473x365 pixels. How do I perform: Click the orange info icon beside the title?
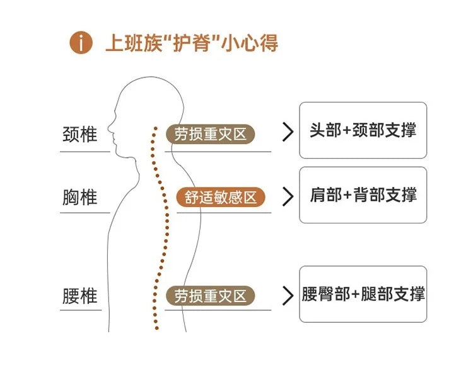(81, 43)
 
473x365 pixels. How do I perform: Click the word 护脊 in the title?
(191, 43)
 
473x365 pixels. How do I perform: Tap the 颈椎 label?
(79, 134)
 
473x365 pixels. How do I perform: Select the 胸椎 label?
(79, 197)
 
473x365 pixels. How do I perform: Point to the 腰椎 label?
(79, 296)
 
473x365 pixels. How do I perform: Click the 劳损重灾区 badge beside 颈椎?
(210, 134)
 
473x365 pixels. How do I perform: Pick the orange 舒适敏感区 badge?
(221, 198)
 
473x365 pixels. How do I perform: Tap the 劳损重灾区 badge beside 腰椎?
(210, 296)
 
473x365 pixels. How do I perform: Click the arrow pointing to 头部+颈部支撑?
(288, 132)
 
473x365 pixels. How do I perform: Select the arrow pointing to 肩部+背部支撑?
(288, 196)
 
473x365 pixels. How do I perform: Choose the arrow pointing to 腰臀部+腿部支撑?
(288, 296)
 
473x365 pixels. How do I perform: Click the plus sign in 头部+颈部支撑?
(347, 130)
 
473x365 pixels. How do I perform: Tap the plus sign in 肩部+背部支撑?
(347, 195)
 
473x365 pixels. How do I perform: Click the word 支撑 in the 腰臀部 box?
(409, 294)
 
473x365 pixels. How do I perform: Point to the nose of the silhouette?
(109, 124)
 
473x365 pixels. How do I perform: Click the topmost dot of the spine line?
(155, 128)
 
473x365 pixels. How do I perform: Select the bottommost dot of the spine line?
(156, 328)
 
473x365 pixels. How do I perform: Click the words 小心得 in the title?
(249, 43)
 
